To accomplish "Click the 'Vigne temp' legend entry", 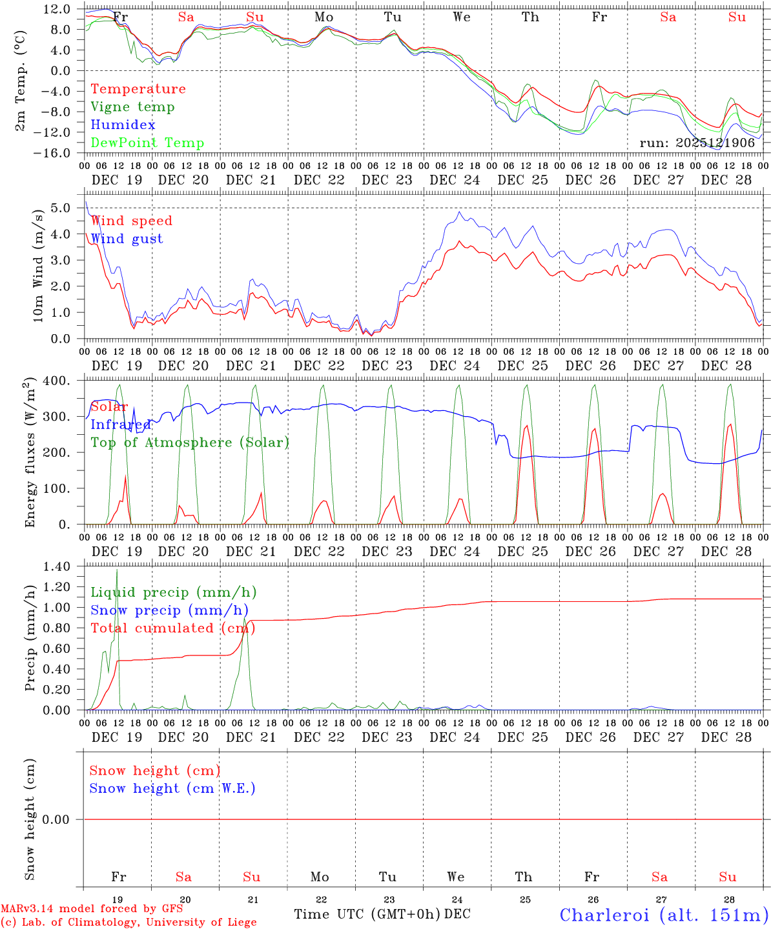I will click(132, 107).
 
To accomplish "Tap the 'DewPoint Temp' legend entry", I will click(147, 143).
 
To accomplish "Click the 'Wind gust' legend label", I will click(127, 239).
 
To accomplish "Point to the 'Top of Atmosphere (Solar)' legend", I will click(190, 443).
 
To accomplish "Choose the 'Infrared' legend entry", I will click(121, 425).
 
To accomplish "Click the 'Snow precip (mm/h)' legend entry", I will click(169, 610).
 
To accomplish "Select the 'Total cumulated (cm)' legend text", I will click(172, 628).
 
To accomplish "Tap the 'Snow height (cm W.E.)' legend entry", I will click(172, 788).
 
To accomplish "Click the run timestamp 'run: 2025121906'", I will click(697, 143).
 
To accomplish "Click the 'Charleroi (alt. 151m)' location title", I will click(664, 915).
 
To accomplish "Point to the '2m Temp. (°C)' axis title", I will click(21, 81).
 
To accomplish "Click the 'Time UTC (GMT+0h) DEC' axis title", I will click(382, 914).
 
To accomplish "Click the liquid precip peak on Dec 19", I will click(117, 571).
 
